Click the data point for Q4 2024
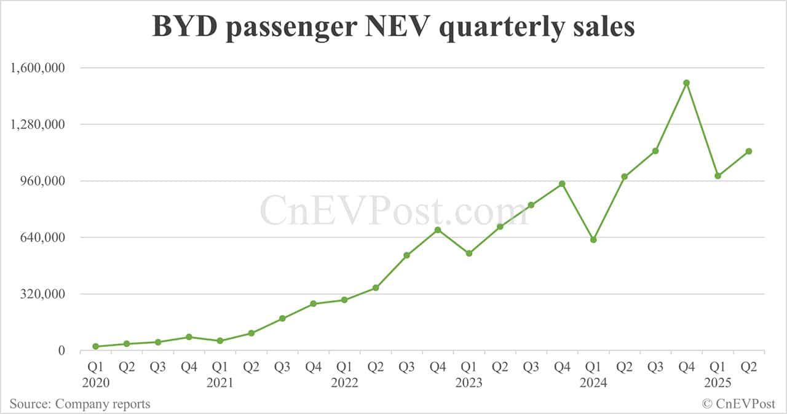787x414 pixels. click(686, 83)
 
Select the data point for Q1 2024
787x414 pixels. click(593, 240)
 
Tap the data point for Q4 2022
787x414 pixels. click(438, 230)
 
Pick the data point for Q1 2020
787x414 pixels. click(95, 346)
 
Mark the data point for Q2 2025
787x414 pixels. click(749, 151)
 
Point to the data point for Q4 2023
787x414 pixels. click(562, 184)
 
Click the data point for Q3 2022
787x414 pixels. click(406, 255)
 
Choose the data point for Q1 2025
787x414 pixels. click(718, 176)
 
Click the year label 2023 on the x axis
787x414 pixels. click(469, 383)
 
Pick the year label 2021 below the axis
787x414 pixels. click(219, 383)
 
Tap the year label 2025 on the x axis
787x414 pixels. click(718, 383)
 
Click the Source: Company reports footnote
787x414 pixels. click(80, 404)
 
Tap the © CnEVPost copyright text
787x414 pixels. click(738, 404)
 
